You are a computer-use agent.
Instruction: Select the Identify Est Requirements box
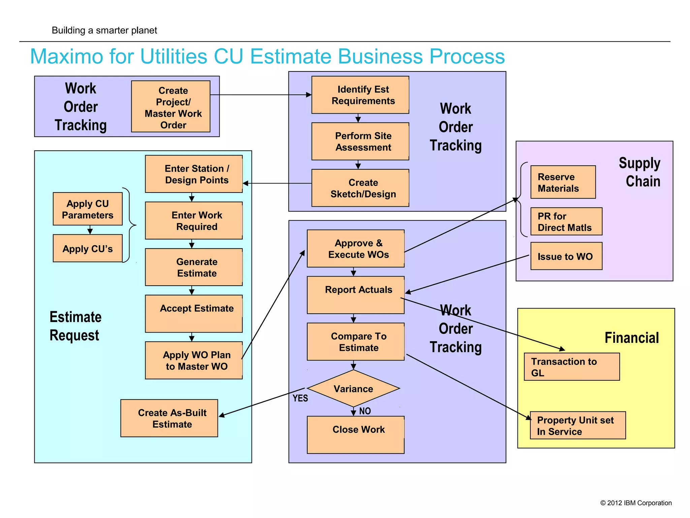pos(360,95)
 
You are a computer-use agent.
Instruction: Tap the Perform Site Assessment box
pos(360,141)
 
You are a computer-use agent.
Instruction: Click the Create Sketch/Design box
pos(360,188)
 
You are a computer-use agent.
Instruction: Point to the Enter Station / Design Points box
pos(194,174)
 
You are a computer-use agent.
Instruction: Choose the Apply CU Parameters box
pos(88,209)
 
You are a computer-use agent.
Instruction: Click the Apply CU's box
pos(88,249)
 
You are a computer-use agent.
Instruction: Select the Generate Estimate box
pos(194,267)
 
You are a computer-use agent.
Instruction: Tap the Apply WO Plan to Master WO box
pos(194,361)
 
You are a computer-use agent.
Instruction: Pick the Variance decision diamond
pos(353,388)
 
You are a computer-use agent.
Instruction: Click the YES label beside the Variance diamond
pos(300,398)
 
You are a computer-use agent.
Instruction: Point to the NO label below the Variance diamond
pos(365,411)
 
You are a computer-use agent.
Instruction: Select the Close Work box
pos(355,435)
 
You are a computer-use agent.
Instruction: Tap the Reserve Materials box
pos(563,182)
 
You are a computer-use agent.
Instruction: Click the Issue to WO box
pos(566,256)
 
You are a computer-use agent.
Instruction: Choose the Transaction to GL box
pos(572,367)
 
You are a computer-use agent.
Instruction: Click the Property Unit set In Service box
pos(577,425)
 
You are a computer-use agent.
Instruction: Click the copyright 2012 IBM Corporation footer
pos(636,503)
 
